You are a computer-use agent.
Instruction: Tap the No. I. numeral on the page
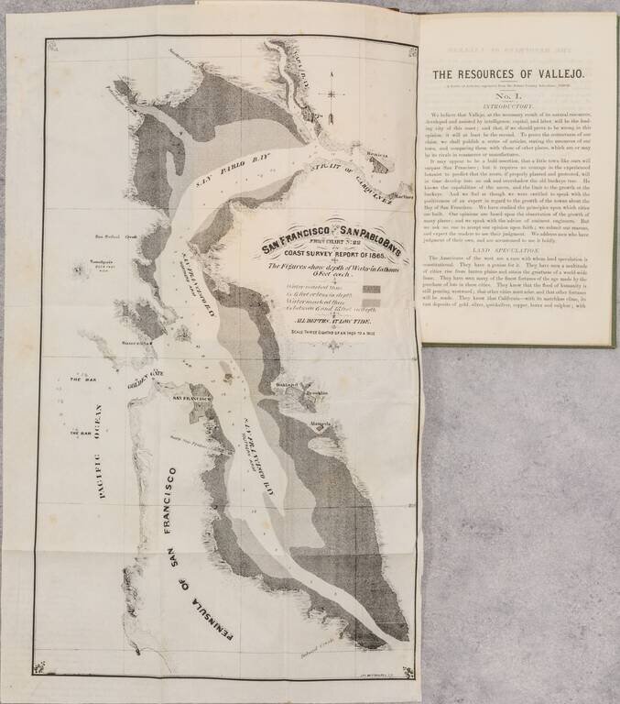click(x=516, y=94)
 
